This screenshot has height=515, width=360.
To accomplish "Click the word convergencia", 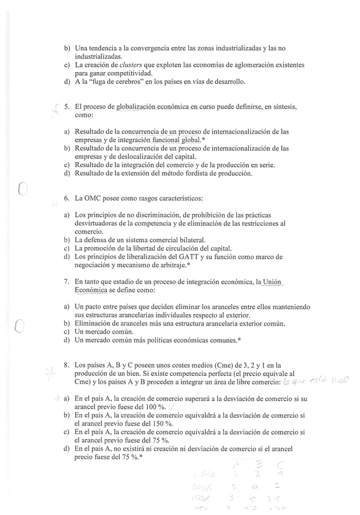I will click(x=145, y=47).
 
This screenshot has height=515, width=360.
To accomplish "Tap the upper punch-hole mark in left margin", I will click(x=22, y=190).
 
